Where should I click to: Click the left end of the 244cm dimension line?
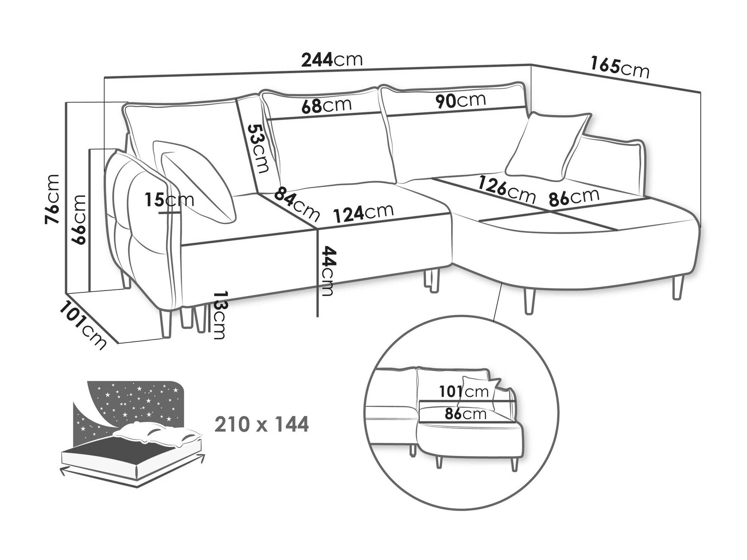point(105,77)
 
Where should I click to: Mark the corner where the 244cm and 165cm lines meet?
point(531,64)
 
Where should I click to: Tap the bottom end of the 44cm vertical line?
point(317,316)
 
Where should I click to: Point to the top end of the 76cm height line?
point(65,103)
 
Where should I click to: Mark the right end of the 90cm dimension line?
point(526,108)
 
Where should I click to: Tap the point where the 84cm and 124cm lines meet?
point(317,227)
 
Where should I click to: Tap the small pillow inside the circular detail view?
point(480,393)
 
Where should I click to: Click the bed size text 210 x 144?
point(261,424)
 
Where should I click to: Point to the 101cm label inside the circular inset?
point(464,391)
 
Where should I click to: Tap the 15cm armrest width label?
point(170,200)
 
